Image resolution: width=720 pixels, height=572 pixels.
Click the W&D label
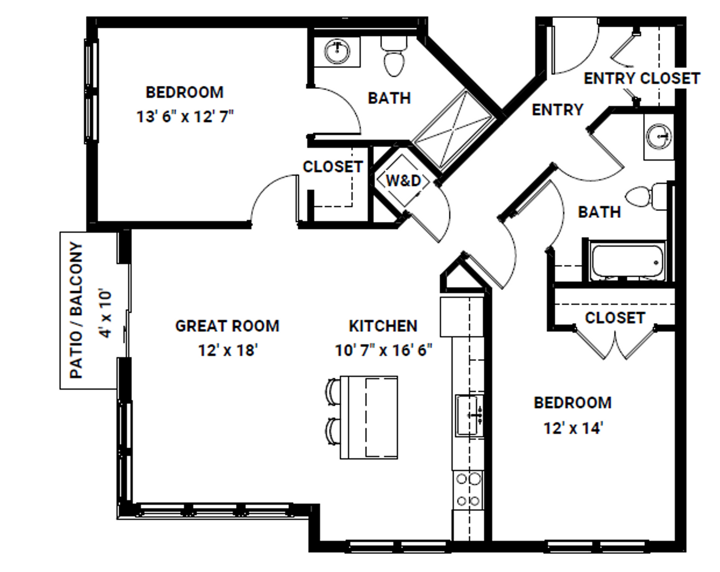pyautogui.click(x=403, y=181)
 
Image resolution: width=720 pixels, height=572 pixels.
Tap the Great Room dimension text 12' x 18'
pyautogui.click(x=228, y=350)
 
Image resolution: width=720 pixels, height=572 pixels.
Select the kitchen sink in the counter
pyautogui.click(x=468, y=415)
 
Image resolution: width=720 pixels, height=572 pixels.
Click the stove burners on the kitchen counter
pyautogui.click(x=468, y=490)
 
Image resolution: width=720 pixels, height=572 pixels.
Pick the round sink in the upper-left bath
pyautogui.click(x=337, y=51)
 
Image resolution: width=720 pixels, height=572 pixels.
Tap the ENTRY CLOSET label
pyautogui.click(x=642, y=79)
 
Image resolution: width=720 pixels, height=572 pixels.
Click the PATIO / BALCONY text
pyautogui.click(x=76, y=310)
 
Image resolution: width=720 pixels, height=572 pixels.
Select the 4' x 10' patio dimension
pyautogui.click(x=106, y=313)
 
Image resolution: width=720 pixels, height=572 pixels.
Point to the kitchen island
pyautogui.click(x=369, y=417)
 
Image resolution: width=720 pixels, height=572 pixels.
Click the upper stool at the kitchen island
pyautogui.click(x=333, y=392)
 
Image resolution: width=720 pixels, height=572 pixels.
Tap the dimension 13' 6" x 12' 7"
pyautogui.click(x=185, y=117)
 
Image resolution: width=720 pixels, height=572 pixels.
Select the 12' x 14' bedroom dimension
pyautogui.click(x=573, y=428)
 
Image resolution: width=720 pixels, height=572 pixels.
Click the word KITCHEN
pyautogui.click(x=383, y=326)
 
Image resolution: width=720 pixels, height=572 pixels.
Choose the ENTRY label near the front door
pyautogui.click(x=558, y=110)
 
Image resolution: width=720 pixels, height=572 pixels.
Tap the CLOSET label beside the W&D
pyautogui.click(x=333, y=167)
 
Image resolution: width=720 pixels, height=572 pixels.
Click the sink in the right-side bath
pyautogui.click(x=659, y=136)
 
